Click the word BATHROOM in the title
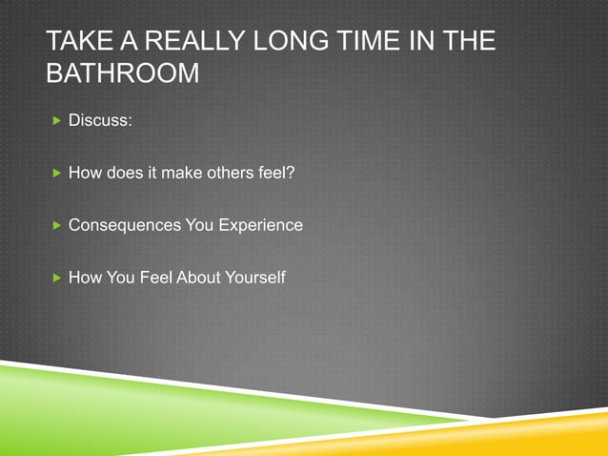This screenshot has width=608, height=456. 123,73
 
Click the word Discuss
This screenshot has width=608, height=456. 99,122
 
